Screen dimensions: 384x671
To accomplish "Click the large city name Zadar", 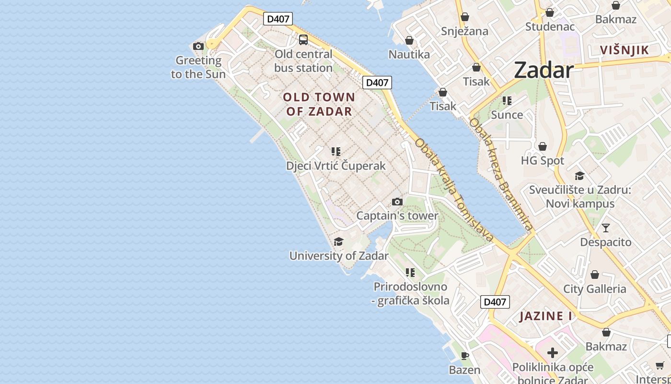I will [544, 71].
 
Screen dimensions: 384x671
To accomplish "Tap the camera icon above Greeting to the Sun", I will [198, 46].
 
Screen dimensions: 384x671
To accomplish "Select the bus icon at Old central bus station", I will [303, 40].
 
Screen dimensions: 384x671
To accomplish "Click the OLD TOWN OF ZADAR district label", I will [319, 104].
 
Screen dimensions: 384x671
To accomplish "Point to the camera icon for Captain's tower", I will [397, 202].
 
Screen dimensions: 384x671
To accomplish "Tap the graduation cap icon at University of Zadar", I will [339, 241].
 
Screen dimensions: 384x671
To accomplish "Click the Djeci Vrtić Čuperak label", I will [335, 166].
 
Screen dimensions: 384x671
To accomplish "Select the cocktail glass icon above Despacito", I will [606, 228].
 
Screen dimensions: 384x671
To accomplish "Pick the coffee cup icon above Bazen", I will [464, 356].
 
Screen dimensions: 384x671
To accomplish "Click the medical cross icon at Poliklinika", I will [553, 353].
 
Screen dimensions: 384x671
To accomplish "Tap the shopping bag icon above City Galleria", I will [595, 275].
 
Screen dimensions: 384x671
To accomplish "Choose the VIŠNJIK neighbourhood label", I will [625, 50].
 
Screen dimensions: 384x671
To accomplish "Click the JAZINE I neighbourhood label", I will [546, 316].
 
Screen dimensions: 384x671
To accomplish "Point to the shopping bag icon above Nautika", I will [409, 40].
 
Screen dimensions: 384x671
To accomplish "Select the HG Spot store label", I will [543, 161].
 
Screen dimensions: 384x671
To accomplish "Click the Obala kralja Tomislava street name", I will [454, 190].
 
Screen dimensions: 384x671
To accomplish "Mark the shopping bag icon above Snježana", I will [464, 17].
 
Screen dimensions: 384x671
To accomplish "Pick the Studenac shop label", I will [550, 26].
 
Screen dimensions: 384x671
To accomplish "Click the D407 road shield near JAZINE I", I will [495, 302].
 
